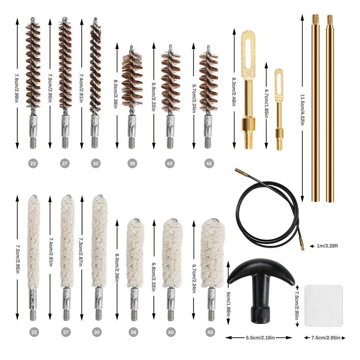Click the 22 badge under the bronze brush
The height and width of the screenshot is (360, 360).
(33, 164)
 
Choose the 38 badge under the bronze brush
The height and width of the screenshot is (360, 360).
(132, 164)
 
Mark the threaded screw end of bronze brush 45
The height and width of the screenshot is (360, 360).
(208, 141)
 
